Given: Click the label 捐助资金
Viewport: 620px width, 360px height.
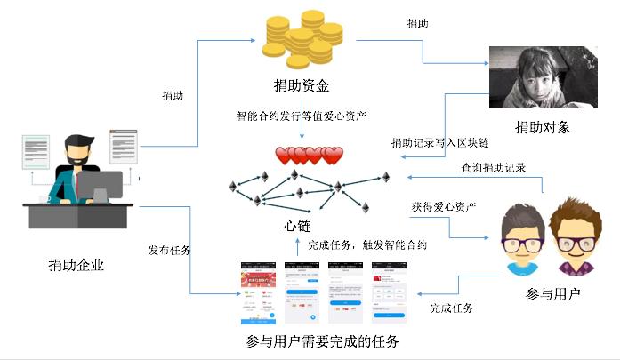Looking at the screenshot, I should (x=302, y=86).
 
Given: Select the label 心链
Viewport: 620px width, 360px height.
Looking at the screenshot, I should (x=297, y=226).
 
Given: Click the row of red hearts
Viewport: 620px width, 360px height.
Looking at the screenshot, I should (x=309, y=156).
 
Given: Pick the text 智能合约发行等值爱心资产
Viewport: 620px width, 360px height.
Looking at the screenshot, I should (x=302, y=116).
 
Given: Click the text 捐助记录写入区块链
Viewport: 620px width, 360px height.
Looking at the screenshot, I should (x=439, y=143).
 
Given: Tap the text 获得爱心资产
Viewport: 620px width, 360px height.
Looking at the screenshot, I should (x=442, y=207).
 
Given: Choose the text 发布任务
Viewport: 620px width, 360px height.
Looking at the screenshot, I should (x=169, y=249).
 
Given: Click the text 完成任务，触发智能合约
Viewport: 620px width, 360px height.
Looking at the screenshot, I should (x=367, y=244).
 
